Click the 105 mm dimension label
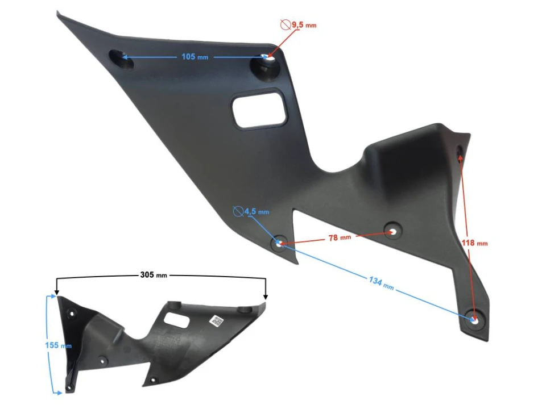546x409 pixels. point(193,57)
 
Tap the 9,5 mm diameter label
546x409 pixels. point(304,25)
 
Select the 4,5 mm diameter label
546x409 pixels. point(256,212)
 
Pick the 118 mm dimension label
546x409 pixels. point(474,243)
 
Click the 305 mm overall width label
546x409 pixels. point(154,275)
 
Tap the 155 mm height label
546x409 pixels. point(58,345)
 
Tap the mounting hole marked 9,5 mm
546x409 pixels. point(267,58)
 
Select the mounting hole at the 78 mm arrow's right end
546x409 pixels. point(392,231)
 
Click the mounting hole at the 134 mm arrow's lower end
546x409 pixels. point(474,318)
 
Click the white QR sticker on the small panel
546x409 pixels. point(216,321)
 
